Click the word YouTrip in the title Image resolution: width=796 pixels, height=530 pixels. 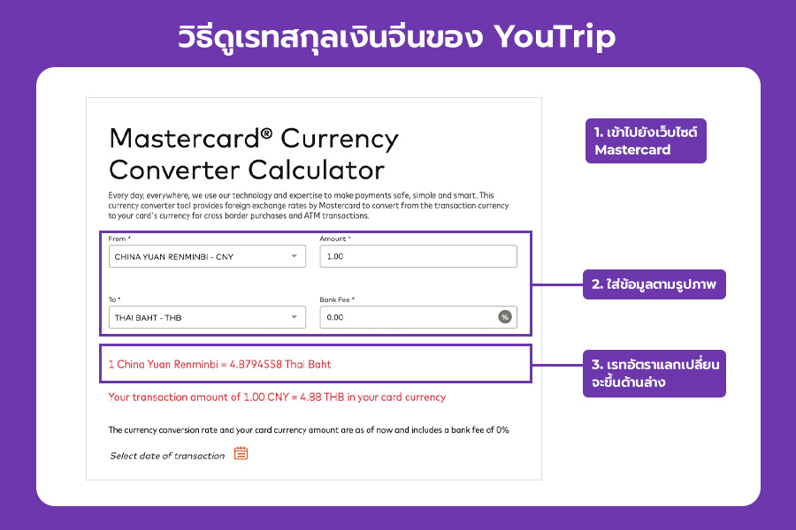coord(555,37)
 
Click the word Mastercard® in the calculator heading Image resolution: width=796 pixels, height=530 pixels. coord(190,139)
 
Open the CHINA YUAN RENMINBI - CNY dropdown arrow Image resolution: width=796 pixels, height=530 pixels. coord(294,256)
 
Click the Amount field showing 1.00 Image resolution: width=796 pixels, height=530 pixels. coord(418,256)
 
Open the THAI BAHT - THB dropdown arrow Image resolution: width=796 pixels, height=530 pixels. coord(294,317)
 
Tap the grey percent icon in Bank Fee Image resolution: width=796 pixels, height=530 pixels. coord(505,317)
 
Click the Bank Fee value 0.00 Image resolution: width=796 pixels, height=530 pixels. coord(335,317)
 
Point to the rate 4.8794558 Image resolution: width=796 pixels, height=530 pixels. coord(256,364)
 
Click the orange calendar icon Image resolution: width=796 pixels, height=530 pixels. coord(241,453)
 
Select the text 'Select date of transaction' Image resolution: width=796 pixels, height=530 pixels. coord(167,456)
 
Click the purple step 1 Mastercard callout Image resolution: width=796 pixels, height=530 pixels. coord(646,141)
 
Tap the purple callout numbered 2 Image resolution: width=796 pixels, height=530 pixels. coord(654,284)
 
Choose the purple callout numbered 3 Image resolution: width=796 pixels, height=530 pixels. coord(654,374)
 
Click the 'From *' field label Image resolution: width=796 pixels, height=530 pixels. coord(119,238)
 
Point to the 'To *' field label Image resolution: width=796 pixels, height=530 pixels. coord(114,299)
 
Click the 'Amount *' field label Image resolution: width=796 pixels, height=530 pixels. coord(335,238)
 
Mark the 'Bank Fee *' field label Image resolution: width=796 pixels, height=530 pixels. coord(337,299)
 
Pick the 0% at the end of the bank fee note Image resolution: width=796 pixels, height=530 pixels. coord(502,430)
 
